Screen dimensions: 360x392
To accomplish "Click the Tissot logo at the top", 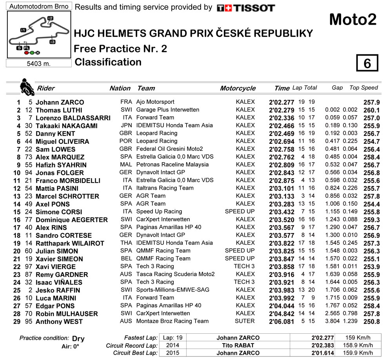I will [x=246, y=8].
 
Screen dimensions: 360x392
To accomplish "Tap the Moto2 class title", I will [x=352, y=20].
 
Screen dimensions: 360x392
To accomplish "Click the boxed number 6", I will [x=367, y=63].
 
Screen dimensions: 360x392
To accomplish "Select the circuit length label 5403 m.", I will [x=39, y=64].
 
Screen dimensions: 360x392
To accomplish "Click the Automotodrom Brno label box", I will [x=39, y=6].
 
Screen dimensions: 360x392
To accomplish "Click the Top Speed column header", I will [x=363, y=88].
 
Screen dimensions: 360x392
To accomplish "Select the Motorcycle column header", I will [x=238, y=89].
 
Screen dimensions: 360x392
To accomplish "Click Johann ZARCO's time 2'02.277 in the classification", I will [x=281, y=102].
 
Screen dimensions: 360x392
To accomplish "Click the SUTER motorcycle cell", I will [x=245, y=321].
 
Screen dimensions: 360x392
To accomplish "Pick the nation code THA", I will [x=126, y=243].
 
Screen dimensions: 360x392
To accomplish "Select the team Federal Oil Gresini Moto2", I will [x=169, y=149].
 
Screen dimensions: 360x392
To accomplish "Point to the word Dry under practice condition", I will [x=78, y=339].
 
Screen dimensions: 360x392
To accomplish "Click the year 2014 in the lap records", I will [x=171, y=346].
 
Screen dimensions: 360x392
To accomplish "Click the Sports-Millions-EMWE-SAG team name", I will [x=172, y=290].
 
